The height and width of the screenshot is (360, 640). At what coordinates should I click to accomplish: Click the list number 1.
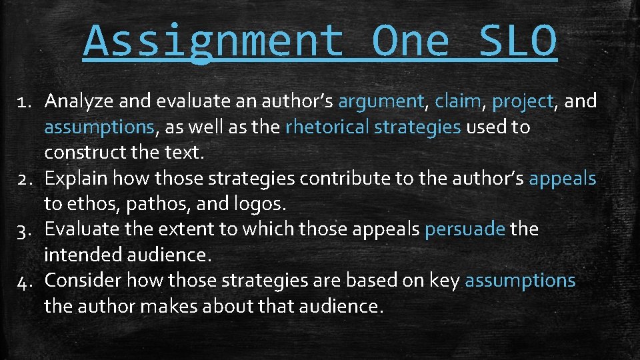point(25,101)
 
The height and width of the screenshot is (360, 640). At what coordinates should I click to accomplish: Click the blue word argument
point(381,102)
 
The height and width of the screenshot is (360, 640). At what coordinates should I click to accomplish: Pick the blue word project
point(523,102)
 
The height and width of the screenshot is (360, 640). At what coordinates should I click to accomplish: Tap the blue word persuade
point(465,229)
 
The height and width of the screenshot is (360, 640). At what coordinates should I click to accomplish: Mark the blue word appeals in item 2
point(562,179)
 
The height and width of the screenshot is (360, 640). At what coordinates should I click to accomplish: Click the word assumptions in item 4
point(520,281)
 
